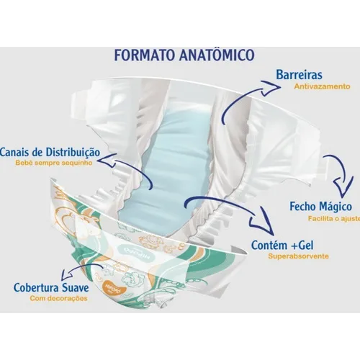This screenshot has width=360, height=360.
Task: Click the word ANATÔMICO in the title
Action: coord(217,55)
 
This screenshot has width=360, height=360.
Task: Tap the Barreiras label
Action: coord(299,74)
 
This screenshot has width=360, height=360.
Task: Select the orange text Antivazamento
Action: coord(322,86)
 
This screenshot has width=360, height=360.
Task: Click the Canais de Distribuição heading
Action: coord(50,152)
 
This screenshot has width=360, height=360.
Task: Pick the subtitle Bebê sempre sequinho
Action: coord(54,163)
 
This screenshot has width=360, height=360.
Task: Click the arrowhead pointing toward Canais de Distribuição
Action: coord(107,160)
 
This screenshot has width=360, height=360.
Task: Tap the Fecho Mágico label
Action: coord(320,207)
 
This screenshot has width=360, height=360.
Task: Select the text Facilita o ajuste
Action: coord(334,219)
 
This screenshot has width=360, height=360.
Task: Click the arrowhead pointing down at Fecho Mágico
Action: coord(344,188)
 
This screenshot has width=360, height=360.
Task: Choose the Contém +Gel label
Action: coord(282,246)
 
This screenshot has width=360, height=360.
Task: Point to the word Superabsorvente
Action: coord(298,256)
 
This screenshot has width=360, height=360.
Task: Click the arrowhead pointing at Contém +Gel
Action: coord(261,222)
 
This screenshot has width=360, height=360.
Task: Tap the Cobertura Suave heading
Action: coord(51,287)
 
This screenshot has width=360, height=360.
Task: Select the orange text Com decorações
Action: coord(58,299)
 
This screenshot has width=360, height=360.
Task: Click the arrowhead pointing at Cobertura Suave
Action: coord(66,274)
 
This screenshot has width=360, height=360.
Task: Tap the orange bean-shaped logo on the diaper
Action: coord(113,287)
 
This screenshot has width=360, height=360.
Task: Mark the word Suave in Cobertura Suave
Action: coord(76,287)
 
